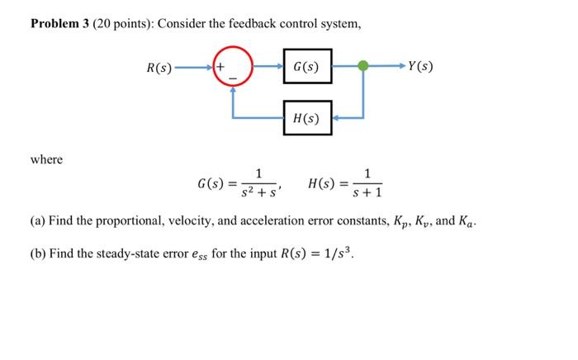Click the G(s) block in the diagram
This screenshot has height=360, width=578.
click(307, 66)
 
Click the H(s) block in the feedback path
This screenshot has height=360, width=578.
click(307, 117)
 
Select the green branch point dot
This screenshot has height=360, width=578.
click(362, 66)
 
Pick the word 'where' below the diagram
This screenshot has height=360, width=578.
click(46, 159)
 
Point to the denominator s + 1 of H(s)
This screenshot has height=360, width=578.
click(367, 194)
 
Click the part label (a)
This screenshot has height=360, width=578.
click(38, 221)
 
